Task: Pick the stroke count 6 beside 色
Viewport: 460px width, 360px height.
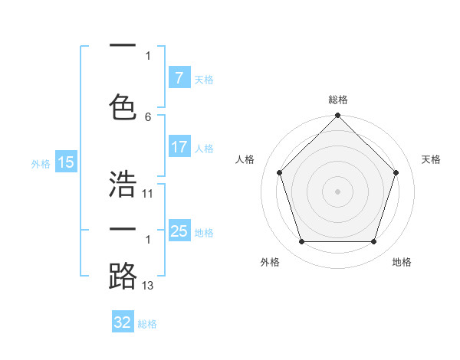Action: [148, 116]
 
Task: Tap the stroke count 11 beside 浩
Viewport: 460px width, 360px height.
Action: [148, 194]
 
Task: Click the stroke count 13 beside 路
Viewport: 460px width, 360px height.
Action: [148, 286]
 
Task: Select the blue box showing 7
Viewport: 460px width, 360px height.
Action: [179, 77]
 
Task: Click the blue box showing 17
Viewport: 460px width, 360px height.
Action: [179, 147]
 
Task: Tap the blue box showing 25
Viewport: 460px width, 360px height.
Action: [179, 231]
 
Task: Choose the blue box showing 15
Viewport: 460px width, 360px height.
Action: [65, 162]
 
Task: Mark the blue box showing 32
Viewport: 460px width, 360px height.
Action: [123, 322]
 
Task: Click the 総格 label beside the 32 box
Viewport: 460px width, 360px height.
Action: [147, 324]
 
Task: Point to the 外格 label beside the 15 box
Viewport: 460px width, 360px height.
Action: [40, 163]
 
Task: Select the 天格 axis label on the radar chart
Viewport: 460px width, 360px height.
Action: [431, 159]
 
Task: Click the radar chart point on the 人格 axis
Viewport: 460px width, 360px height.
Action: [279, 172]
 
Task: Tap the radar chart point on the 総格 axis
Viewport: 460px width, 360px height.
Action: [337, 116]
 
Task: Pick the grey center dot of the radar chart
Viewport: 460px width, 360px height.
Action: [337, 191]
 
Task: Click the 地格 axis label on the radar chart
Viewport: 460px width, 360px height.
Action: [402, 262]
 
